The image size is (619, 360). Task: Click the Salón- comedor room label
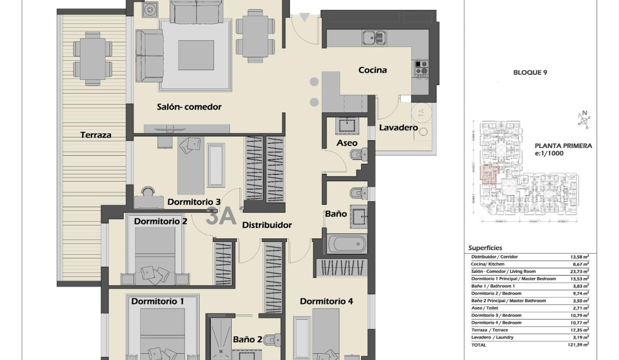click(189, 107)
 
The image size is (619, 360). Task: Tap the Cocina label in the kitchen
click(372, 70)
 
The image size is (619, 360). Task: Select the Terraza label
click(95, 135)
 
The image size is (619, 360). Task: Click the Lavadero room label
click(398, 127)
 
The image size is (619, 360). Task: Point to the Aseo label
click(347, 143)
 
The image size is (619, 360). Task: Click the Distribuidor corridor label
click(267, 225)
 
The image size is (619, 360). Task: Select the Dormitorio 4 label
click(326, 301)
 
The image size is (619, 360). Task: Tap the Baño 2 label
click(247, 339)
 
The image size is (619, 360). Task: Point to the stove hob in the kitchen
click(421, 68)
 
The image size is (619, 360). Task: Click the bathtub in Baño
click(346, 244)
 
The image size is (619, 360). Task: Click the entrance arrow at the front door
click(305, 18)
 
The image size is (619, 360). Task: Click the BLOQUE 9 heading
click(530, 73)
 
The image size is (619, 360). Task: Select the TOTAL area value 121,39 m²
click(580, 344)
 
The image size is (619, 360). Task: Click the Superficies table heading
click(485, 248)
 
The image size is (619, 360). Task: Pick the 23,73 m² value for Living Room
click(580, 271)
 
